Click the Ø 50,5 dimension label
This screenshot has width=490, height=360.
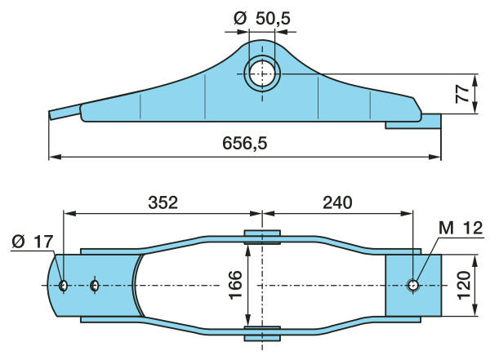pos(262,19)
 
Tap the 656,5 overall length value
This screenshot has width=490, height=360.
pos(245,144)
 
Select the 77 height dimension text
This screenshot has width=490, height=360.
pos(462,94)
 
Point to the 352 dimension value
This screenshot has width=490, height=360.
pos(163,202)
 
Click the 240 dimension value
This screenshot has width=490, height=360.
pos(337,202)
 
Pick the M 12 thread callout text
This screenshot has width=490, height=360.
pos(461,228)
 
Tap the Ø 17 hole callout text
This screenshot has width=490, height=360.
pos(33,242)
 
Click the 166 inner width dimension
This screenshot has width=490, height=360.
pos(235,285)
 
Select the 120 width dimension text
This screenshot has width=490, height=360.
pos(463,286)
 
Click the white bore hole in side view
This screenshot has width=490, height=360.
pos(262,74)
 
